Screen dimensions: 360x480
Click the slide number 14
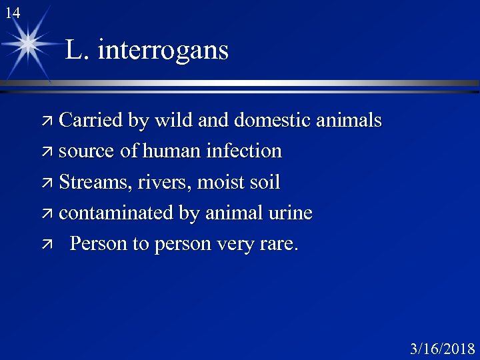[x=12, y=13]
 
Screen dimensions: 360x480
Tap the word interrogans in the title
[x=163, y=50]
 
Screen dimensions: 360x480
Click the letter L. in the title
[x=77, y=50]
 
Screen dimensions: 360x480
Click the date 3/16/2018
[x=442, y=348]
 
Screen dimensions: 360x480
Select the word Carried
[x=90, y=121]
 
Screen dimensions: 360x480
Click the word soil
[x=264, y=182]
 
